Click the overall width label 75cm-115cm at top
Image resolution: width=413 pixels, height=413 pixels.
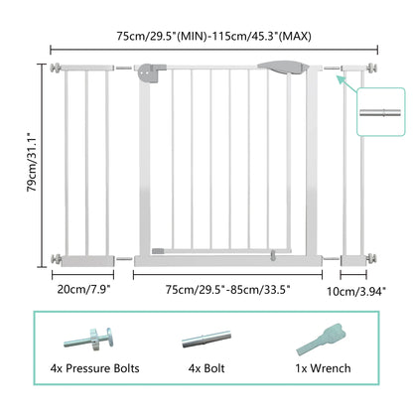pos(210,37)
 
